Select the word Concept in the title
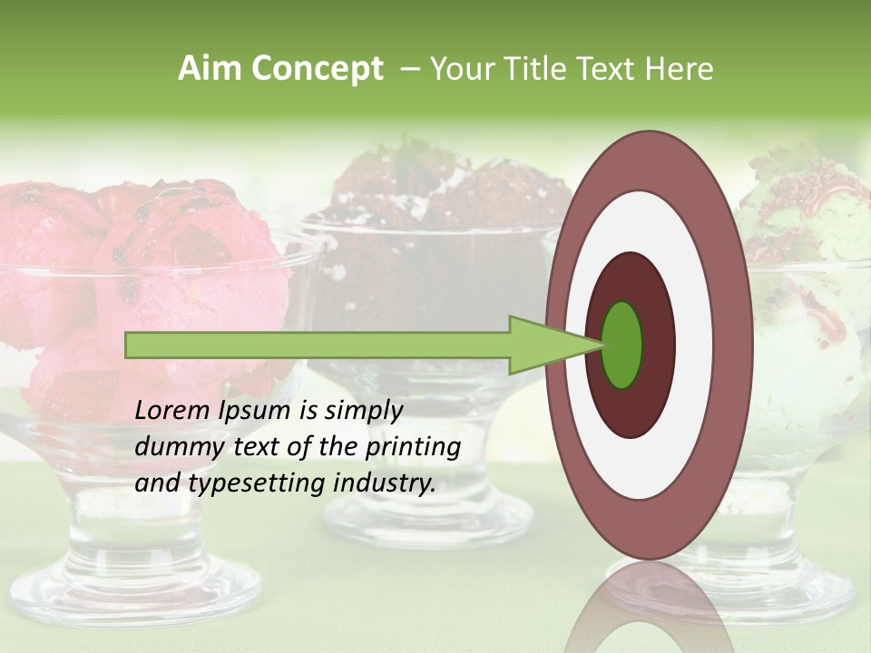coord(317,69)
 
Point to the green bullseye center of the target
coord(621,345)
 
